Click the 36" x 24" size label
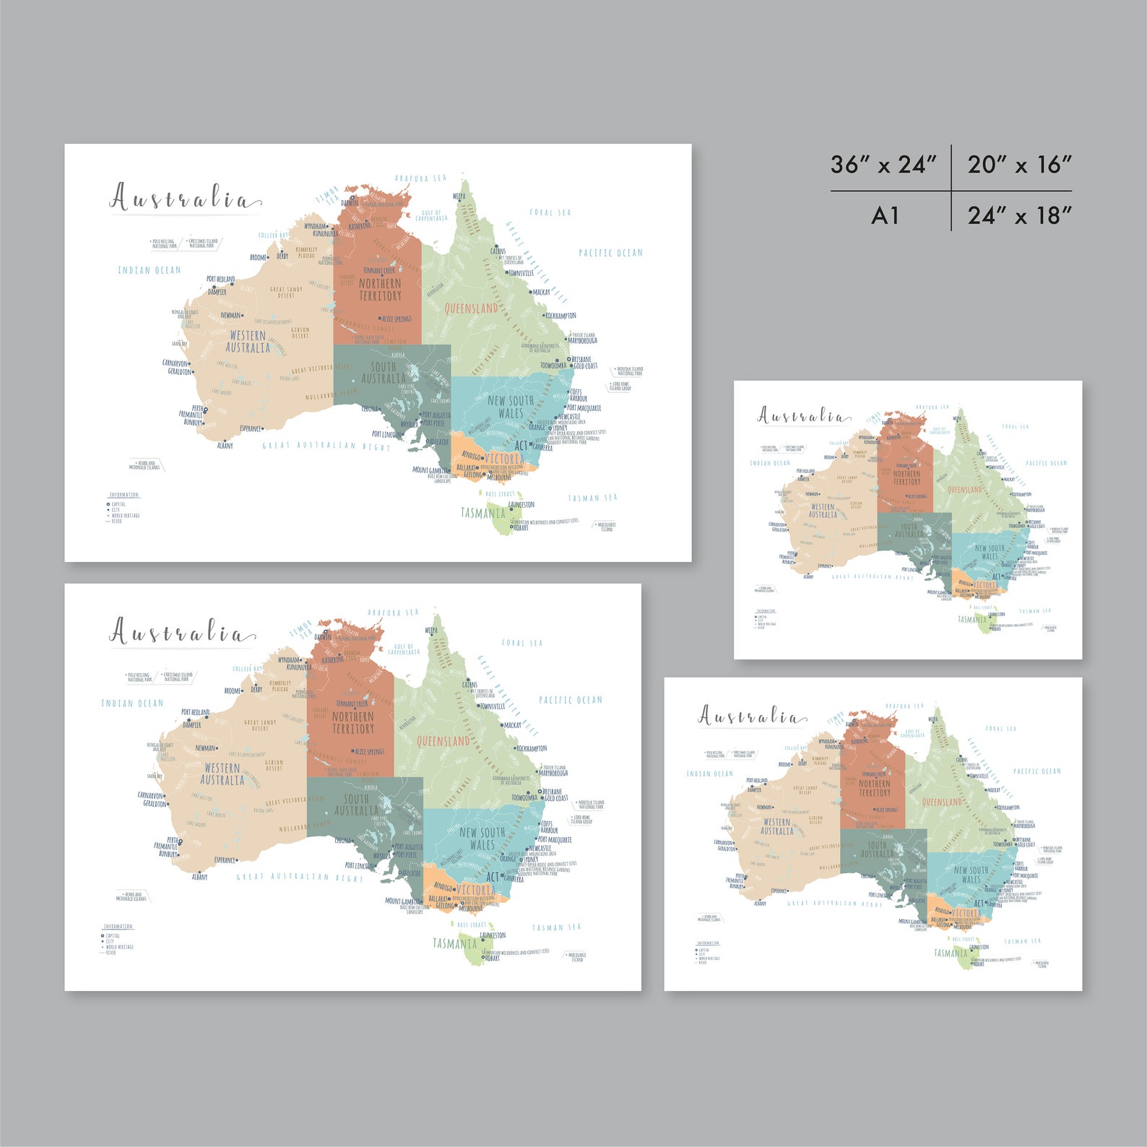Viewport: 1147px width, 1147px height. click(x=883, y=165)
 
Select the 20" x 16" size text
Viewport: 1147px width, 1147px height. click(x=1019, y=165)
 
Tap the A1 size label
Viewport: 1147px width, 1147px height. click(x=885, y=215)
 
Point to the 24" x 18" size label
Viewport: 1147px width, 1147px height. click(x=1019, y=215)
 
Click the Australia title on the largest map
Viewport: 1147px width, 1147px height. click(x=185, y=199)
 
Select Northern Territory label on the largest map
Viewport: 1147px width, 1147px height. click(x=380, y=290)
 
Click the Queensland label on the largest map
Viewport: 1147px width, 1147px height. click(x=471, y=308)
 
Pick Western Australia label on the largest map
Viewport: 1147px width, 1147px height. click(x=248, y=342)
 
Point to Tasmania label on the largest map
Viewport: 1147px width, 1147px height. click(x=482, y=513)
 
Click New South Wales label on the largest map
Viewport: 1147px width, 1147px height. click(x=511, y=406)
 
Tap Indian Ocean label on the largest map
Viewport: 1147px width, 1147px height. click(x=150, y=270)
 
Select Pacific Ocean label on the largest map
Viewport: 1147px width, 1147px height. click(x=610, y=253)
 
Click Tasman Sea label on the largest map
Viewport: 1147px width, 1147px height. click(x=592, y=498)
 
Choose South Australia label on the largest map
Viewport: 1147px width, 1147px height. click(x=384, y=373)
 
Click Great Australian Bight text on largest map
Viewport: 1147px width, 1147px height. click(x=326, y=446)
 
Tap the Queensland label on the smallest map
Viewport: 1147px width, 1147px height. click(x=964, y=490)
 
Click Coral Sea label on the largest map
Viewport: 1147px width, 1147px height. click(x=550, y=212)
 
